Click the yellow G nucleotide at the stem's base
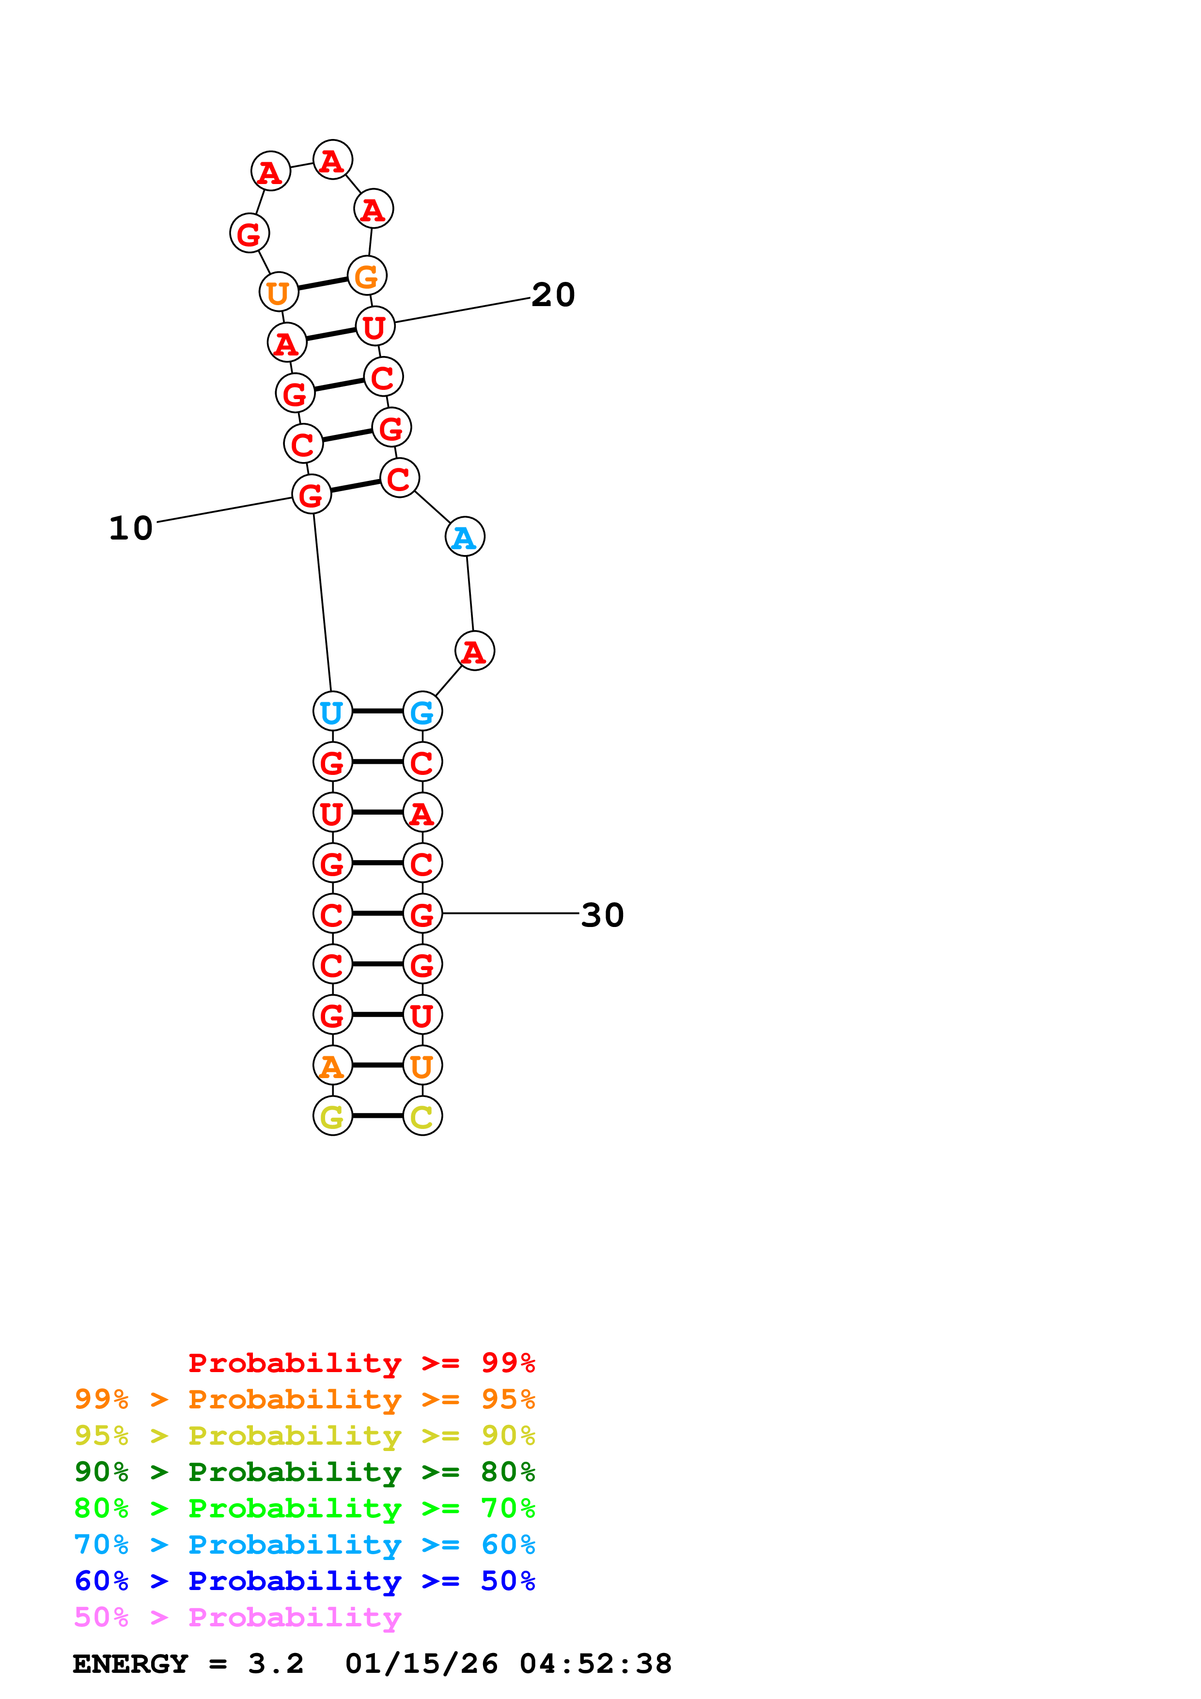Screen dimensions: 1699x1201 pos(332,1116)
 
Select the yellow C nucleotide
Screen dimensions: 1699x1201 pos(422,1116)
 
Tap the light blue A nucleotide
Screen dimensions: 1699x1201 pos(465,537)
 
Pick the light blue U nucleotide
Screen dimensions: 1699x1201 pos(332,711)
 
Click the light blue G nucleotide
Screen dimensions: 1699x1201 pos(422,711)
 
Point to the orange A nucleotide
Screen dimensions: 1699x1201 pos(332,1066)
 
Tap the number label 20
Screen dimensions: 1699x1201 pos(553,294)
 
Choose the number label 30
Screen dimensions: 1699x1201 pos(602,914)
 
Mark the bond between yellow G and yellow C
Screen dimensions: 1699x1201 pos(377,1116)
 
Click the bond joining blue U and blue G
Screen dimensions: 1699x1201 pos(377,711)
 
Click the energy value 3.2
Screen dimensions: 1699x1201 pos(275,1664)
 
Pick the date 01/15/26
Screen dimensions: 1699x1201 pos(421,1664)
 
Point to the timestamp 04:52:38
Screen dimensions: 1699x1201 pos(595,1664)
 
